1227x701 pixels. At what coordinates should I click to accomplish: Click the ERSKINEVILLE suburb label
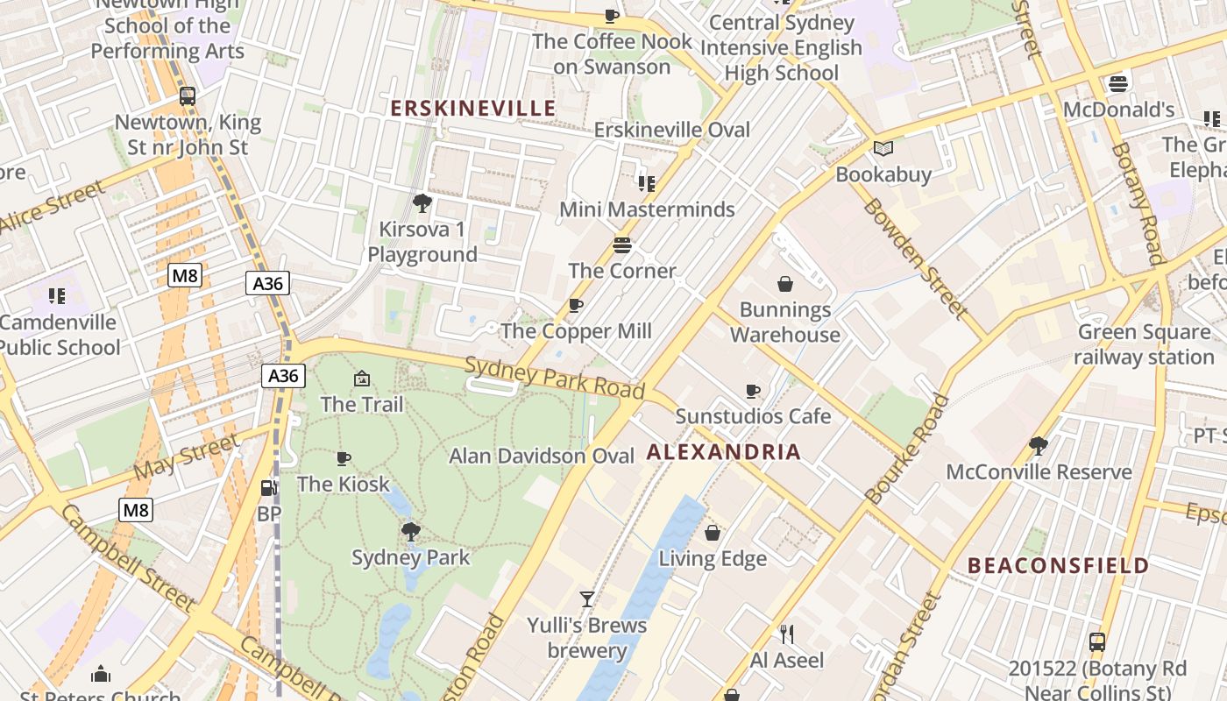(472, 108)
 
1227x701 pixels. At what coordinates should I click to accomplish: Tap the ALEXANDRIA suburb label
(724, 452)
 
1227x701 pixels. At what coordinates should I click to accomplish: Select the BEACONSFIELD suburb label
(1058, 565)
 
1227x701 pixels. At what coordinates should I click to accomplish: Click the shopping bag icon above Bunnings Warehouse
(784, 284)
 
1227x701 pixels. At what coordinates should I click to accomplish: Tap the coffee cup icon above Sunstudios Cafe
(752, 391)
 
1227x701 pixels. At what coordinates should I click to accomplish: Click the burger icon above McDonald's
(1117, 84)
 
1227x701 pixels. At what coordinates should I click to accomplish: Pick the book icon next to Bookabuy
(883, 149)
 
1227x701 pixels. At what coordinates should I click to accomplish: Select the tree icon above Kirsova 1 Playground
(422, 204)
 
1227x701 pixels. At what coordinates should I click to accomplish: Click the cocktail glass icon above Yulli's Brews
(587, 599)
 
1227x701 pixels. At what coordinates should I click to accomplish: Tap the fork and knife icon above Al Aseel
(786, 634)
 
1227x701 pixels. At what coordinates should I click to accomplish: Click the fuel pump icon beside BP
(267, 488)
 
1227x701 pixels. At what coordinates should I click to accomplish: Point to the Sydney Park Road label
(555, 379)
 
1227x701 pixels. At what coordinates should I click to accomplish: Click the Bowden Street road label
(916, 258)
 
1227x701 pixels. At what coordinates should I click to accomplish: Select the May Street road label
(186, 458)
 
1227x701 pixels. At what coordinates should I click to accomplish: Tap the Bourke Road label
(908, 449)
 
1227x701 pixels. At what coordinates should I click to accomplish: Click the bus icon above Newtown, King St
(187, 96)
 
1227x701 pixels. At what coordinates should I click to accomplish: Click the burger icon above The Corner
(622, 244)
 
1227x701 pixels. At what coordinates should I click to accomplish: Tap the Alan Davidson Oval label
(542, 457)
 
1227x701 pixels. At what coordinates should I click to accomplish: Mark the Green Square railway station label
(1144, 344)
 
